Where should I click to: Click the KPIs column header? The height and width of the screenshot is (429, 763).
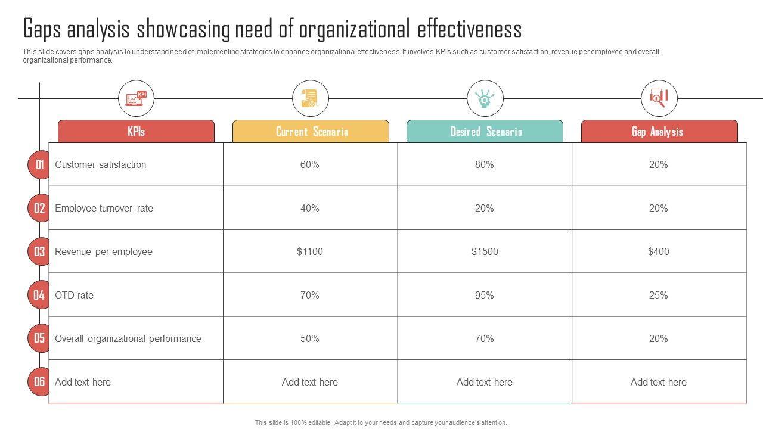[136, 132]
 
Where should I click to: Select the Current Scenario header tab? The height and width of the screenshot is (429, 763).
[311, 132]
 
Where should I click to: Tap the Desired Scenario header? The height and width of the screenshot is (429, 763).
[485, 132]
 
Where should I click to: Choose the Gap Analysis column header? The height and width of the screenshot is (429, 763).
[659, 132]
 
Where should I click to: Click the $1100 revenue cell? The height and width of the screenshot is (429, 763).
[310, 251]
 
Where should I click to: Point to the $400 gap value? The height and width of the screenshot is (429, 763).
[659, 251]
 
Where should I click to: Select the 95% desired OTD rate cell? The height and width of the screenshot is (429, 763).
[485, 295]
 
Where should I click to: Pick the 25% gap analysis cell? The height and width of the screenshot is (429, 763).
[659, 295]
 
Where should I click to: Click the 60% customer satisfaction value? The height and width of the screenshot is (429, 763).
[310, 164]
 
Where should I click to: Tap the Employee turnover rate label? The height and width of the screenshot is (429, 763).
[104, 208]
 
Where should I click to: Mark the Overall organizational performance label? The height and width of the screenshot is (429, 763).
[128, 338]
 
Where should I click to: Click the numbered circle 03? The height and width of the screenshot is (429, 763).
[39, 251]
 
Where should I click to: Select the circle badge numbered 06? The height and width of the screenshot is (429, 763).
[39, 381]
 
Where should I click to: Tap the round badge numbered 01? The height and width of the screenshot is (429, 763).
[39, 164]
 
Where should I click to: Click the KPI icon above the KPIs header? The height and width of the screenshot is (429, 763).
[136, 98]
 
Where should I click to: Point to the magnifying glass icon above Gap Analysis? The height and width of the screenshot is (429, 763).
[659, 98]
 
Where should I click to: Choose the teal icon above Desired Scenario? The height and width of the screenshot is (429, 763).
[485, 98]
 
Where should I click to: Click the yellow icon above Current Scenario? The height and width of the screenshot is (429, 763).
[311, 98]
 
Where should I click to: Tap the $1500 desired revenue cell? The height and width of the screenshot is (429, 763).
[485, 251]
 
